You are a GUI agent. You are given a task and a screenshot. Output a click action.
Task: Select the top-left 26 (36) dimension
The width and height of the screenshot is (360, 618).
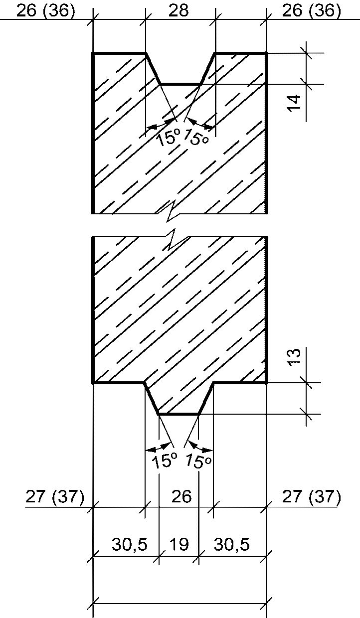click(45, 10)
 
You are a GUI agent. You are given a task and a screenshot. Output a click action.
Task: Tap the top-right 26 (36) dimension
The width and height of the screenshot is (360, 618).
click(312, 10)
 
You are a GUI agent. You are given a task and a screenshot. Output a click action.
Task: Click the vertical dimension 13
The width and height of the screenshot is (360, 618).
click(295, 358)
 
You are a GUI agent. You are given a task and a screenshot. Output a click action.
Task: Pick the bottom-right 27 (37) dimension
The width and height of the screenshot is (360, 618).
click(312, 497)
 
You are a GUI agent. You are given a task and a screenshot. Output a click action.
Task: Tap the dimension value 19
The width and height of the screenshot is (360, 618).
click(179, 545)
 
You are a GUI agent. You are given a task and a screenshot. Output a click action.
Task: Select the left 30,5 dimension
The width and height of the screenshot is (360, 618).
click(129, 545)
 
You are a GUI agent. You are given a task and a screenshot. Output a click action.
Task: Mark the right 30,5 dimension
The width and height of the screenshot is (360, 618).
click(232, 545)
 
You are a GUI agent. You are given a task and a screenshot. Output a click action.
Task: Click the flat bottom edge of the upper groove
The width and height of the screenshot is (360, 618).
click(180, 84)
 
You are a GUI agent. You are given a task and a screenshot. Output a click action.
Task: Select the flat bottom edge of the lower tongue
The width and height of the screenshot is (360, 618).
click(179, 414)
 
